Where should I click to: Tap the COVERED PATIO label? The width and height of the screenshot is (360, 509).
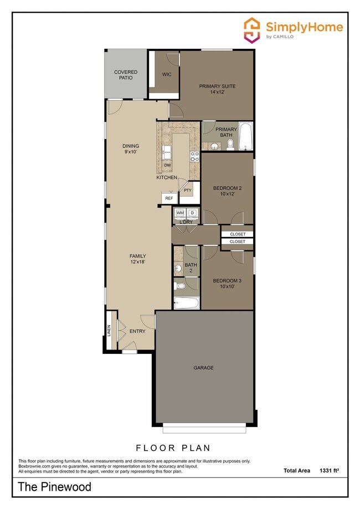click(x=126, y=75)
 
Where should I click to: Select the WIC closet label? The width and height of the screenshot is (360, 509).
click(x=166, y=74)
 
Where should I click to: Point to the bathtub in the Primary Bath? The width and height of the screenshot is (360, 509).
click(x=245, y=136)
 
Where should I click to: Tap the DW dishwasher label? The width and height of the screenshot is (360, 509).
click(x=167, y=165)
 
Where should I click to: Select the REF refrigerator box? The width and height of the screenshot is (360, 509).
click(x=169, y=198)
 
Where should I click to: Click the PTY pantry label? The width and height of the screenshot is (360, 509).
click(x=187, y=191)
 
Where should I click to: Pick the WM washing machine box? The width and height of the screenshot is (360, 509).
click(x=180, y=213)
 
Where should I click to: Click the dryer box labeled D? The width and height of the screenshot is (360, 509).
click(x=192, y=213)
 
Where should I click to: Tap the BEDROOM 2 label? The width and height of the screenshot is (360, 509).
click(x=227, y=191)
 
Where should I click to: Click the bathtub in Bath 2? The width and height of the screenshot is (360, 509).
click(x=186, y=303)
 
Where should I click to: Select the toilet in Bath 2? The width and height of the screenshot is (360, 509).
click(x=179, y=285)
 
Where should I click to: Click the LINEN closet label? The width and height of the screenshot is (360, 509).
click(x=109, y=330)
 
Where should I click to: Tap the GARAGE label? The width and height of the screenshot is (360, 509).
click(x=203, y=368)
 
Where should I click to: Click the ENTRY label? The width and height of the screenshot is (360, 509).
click(x=137, y=331)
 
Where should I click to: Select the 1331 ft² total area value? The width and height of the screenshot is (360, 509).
click(x=329, y=470)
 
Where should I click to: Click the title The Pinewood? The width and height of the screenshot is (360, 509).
click(x=54, y=488)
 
